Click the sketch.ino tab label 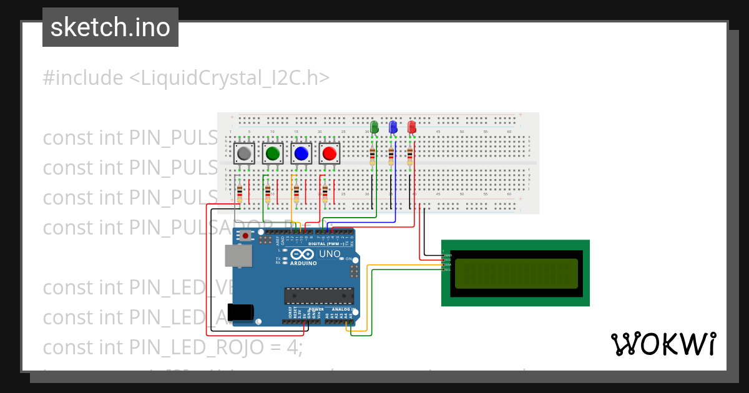click(110, 27)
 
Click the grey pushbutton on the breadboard click(245, 153)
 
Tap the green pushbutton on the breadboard click(273, 153)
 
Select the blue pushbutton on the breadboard click(301, 153)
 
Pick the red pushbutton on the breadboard click(330, 153)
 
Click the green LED click(374, 127)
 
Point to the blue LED click(393, 127)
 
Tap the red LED click(411, 127)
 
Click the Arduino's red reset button click(246, 236)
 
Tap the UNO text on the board click(329, 254)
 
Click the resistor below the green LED click(373, 154)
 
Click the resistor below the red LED click(410, 154)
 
